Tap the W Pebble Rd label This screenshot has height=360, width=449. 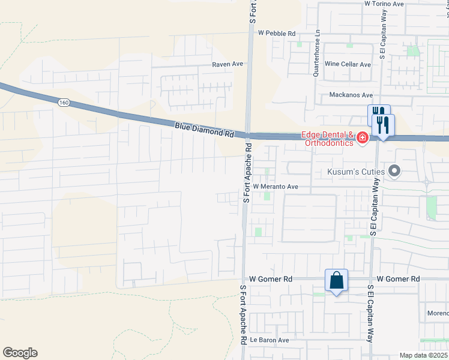point(277,34)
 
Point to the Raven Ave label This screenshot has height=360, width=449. point(228,64)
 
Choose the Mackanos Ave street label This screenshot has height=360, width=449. point(351,95)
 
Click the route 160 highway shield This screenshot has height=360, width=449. point(64,103)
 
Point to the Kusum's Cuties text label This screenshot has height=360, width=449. point(355,172)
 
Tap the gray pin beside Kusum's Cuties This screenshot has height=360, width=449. point(394,172)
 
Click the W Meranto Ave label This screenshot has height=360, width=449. point(276,187)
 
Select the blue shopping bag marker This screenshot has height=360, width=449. point(336,281)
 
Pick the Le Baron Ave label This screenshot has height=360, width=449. point(270,340)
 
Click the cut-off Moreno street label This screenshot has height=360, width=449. point(439,314)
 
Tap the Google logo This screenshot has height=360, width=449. point(20,353)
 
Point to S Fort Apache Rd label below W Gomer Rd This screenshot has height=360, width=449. point(244,314)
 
